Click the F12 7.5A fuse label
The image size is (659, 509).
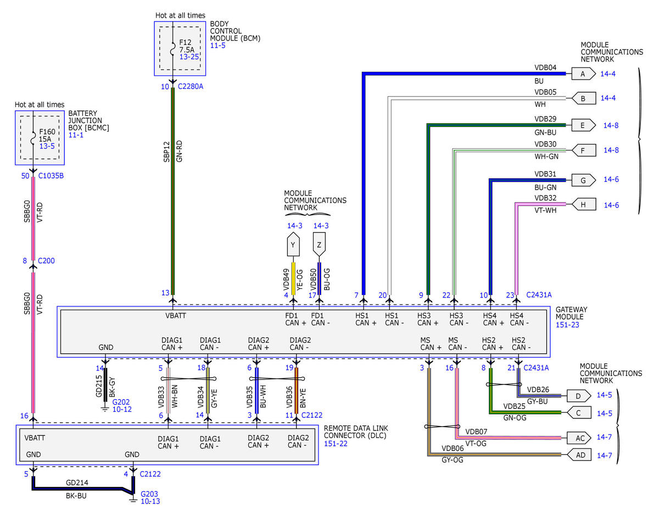(x=187, y=46)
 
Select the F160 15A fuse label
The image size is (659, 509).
(x=47, y=135)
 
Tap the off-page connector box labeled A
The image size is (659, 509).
(x=583, y=74)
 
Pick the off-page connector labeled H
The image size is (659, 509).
(x=583, y=204)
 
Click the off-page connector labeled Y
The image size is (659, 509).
(x=293, y=244)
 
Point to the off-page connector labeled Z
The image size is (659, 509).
(x=319, y=244)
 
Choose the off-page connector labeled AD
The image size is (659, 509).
(x=579, y=455)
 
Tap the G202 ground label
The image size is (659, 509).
(x=121, y=402)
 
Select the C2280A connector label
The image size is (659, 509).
(x=191, y=86)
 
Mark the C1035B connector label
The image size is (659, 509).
(x=51, y=176)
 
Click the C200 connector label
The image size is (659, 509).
(x=46, y=261)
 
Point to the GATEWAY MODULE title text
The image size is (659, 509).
(x=571, y=313)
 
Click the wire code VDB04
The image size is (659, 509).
(x=545, y=68)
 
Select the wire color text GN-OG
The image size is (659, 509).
(x=515, y=418)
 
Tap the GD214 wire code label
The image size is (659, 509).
(x=77, y=482)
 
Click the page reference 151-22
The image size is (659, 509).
(x=336, y=444)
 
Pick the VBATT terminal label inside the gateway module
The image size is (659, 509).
(x=176, y=316)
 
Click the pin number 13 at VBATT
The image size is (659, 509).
(x=165, y=293)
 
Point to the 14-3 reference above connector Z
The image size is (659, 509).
(x=321, y=226)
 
